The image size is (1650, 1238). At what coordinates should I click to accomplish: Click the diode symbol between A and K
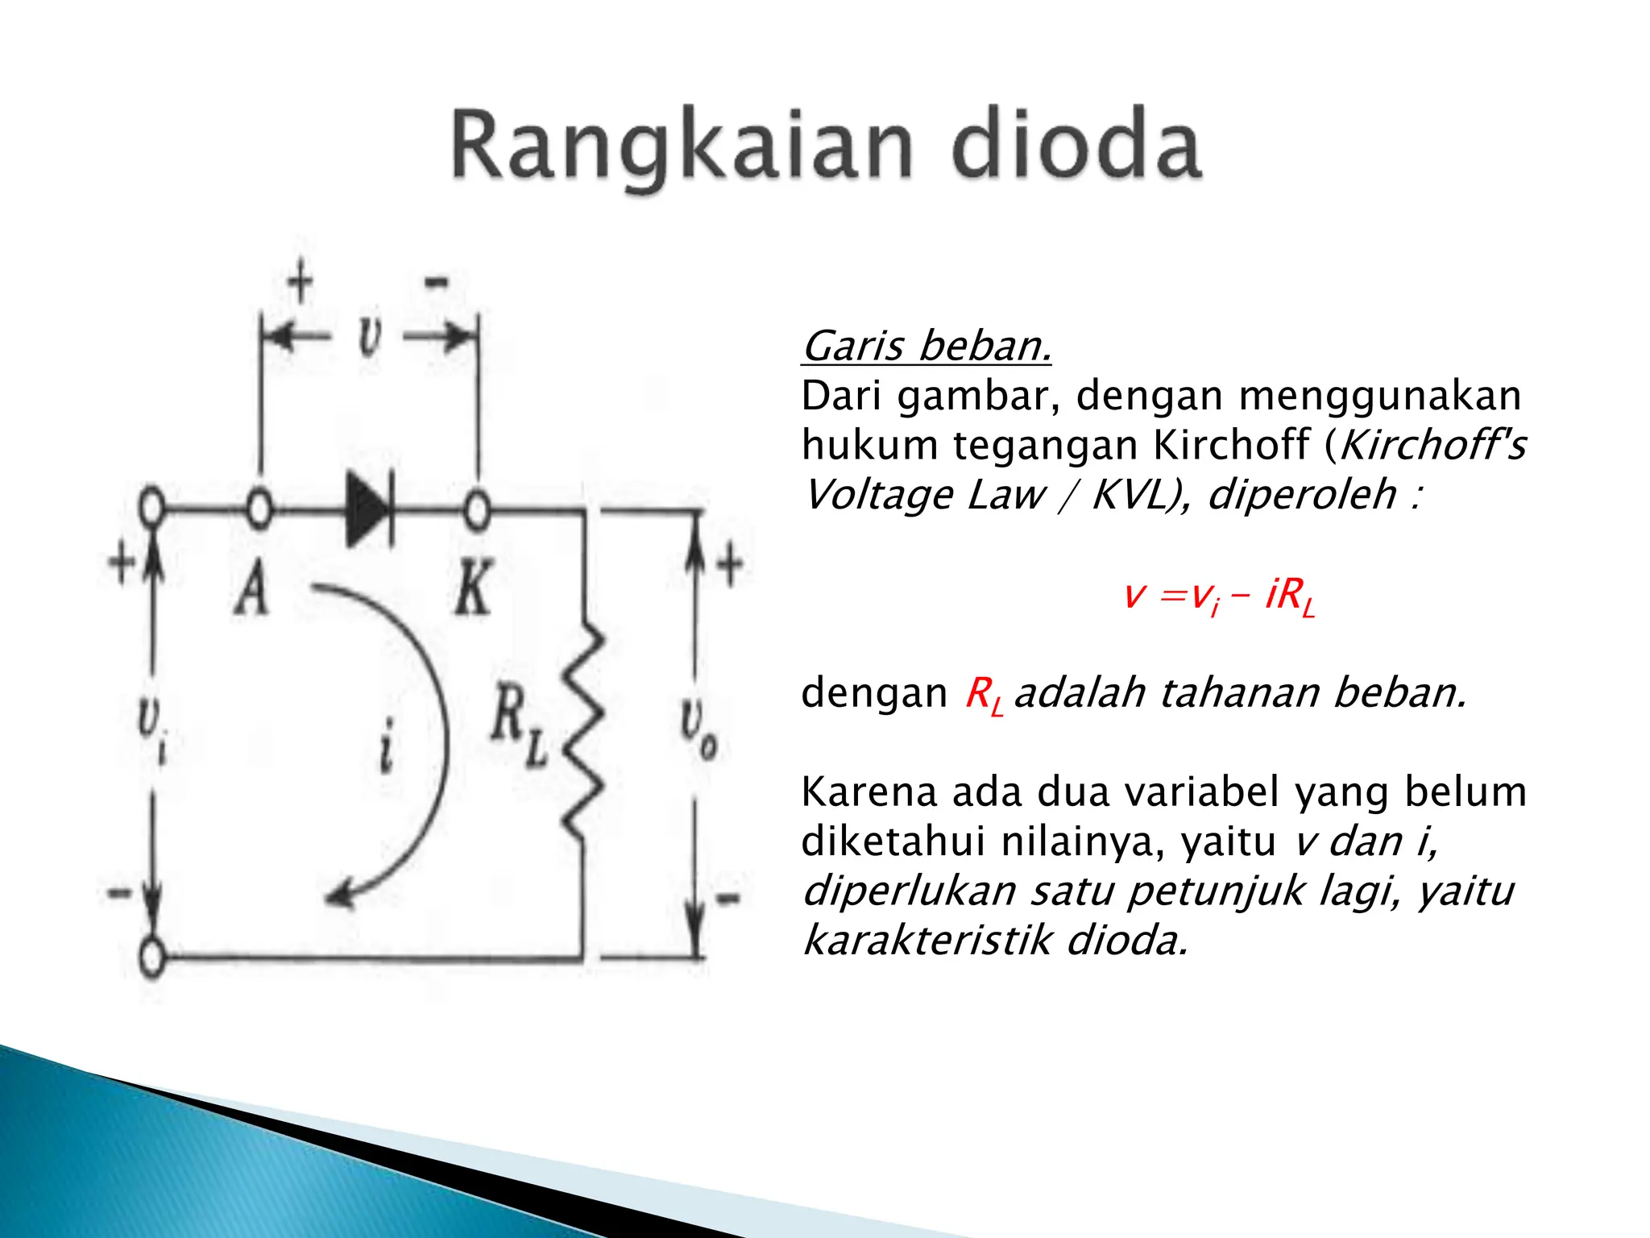click(367, 510)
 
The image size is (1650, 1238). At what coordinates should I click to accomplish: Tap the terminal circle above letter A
click(259, 509)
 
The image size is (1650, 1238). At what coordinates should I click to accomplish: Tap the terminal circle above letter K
click(477, 509)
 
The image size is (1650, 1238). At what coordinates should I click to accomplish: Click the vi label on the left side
click(151, 729)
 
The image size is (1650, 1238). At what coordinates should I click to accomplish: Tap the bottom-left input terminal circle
click(151, 958)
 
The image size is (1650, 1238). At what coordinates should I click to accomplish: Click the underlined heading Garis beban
click(927, 347)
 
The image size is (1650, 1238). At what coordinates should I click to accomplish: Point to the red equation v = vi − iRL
click(1218, 596)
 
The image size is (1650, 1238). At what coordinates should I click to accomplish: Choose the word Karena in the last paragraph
click(870, 792)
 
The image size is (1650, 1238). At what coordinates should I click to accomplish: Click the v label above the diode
click(369, 336)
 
